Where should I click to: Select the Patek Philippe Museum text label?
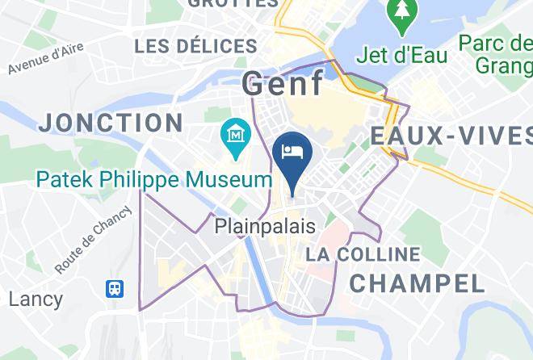click(x=154, y=178)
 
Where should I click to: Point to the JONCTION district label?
click(x=110, y=123)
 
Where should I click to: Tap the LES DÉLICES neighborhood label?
click(x=196, y=47)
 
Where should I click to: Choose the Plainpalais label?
click(x=265, y=227)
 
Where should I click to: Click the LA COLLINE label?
click(x=363, y=255)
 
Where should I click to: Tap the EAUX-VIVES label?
click(x=451, y=136)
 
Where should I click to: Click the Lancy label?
click(x=36, y=299)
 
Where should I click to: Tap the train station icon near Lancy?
click(x=115, y=287)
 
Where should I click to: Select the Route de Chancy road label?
click(x=94, y=240)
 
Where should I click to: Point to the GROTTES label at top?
click(x=233, y=3)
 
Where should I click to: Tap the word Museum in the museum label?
click(x=230, y=178)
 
